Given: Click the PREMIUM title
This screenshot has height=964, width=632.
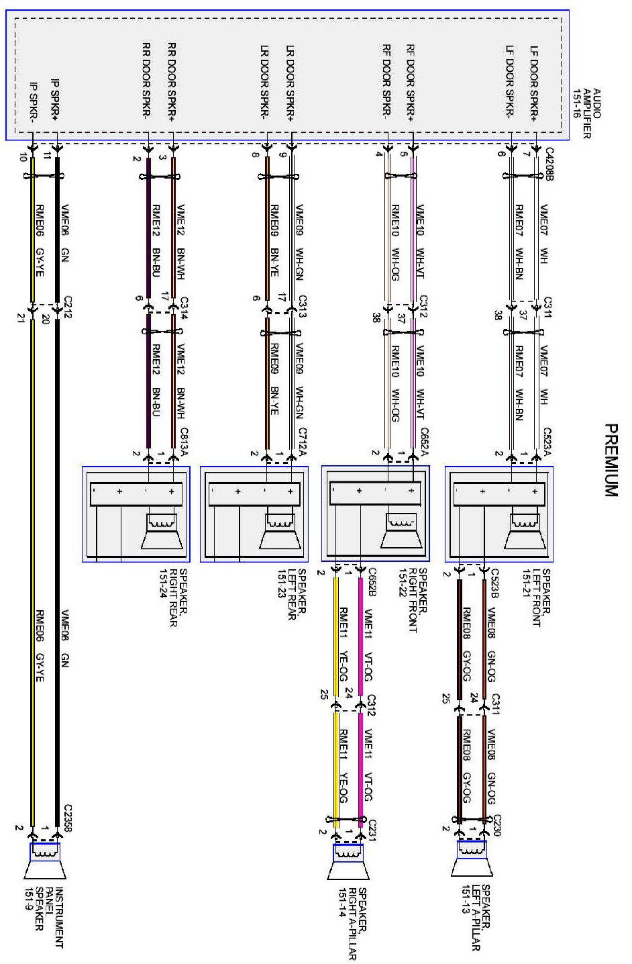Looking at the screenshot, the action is (611, 460).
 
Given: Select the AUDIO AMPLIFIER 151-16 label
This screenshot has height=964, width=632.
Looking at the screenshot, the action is (587, 113).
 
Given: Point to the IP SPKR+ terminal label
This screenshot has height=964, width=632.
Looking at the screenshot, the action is (56, 101).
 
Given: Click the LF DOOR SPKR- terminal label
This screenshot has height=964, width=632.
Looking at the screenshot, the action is (511, 83).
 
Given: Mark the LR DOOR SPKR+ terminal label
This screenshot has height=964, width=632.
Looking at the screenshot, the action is (291, 83).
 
